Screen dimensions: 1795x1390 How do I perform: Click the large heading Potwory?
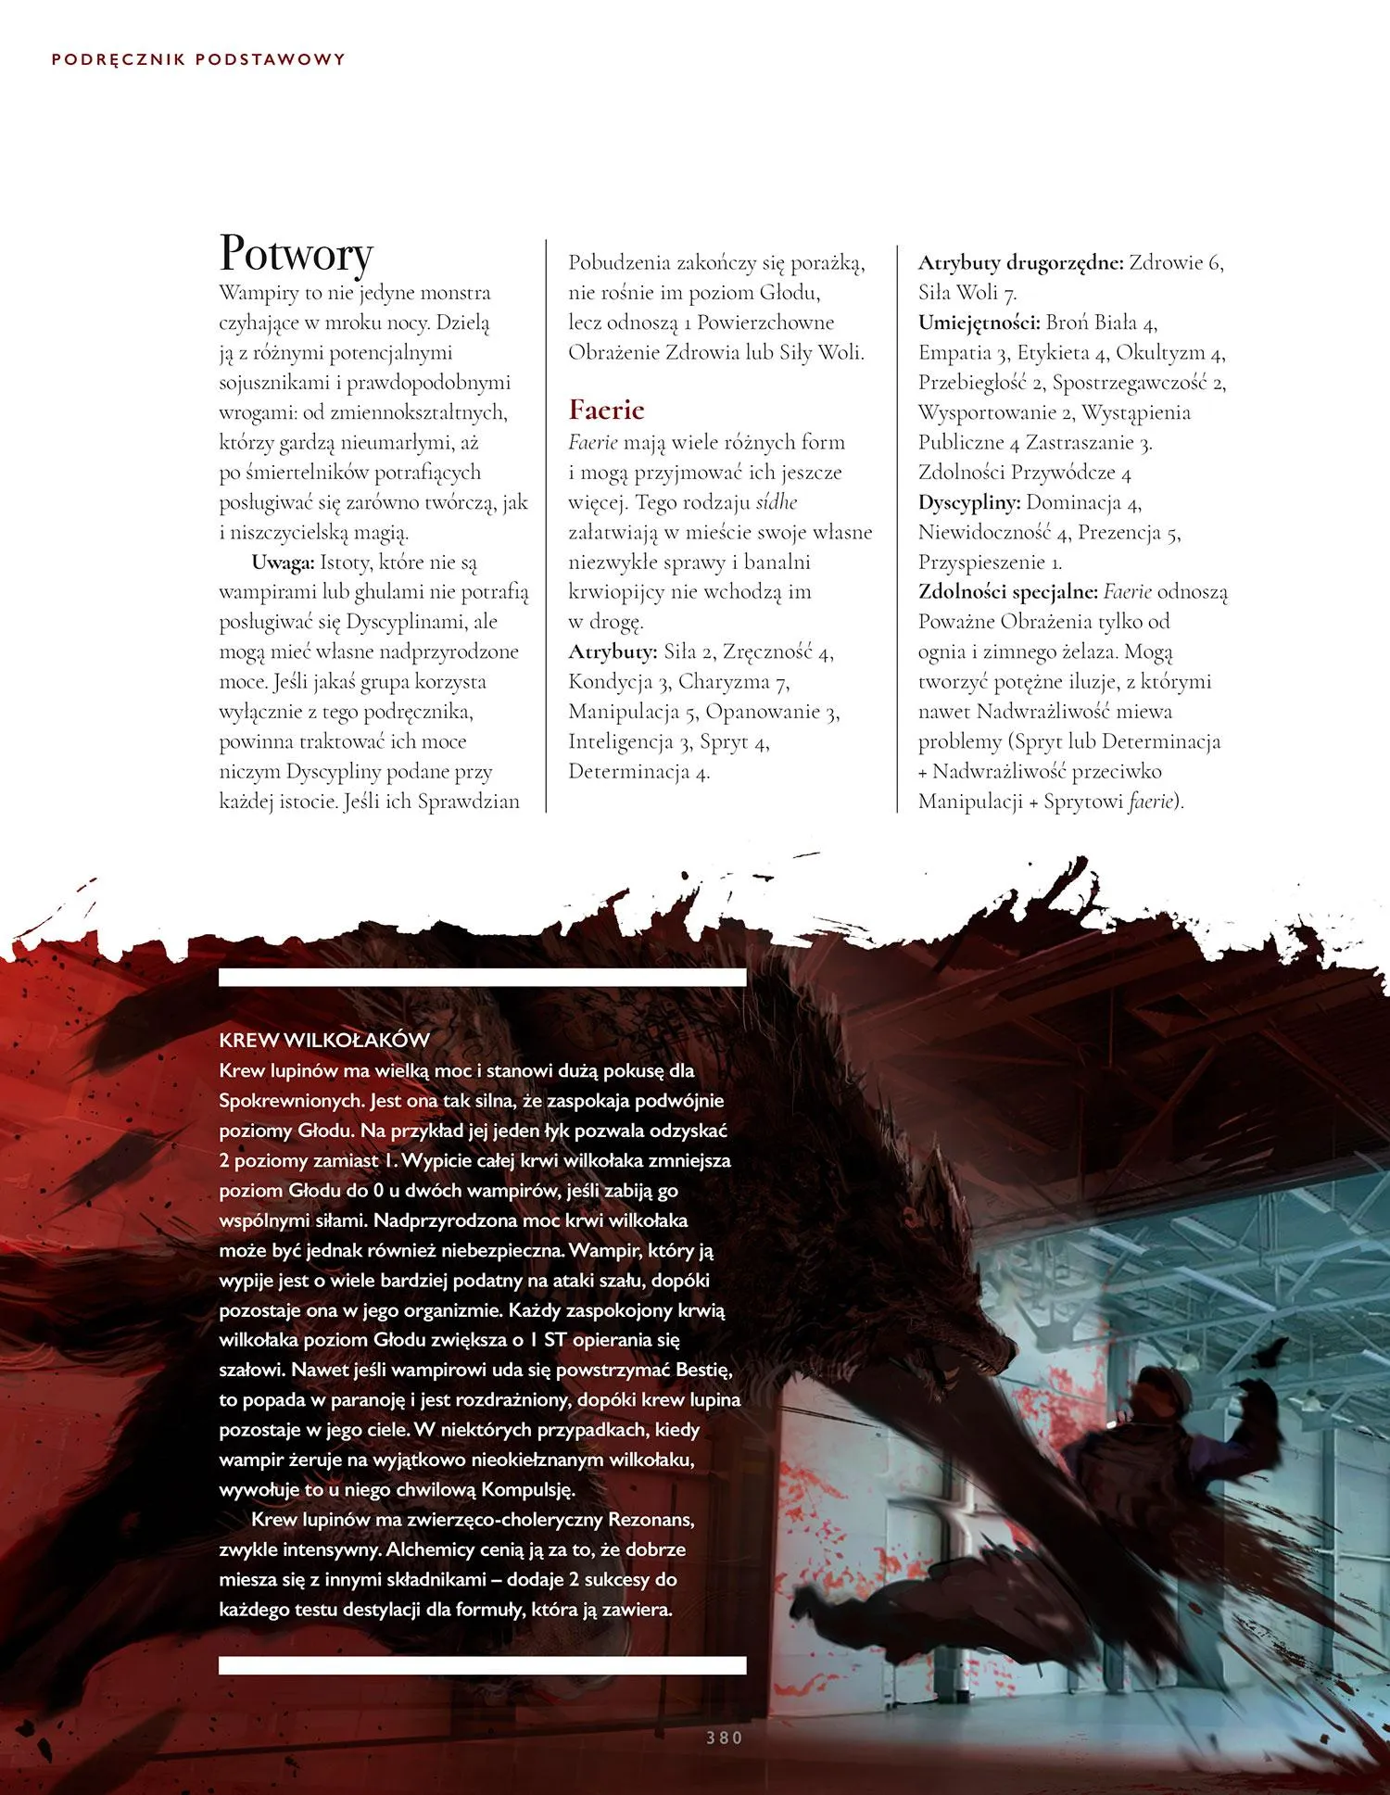coord(297,252)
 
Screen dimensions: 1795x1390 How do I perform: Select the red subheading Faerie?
coord(606,410)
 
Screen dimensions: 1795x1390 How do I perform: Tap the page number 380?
coord(724,1738)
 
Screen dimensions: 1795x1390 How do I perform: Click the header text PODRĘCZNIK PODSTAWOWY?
coord(198,59)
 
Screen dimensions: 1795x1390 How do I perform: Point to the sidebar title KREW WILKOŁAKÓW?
coord(324,1040)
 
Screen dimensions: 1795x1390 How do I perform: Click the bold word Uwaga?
coord(283,563)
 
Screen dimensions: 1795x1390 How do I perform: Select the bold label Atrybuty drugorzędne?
coord(1020,262)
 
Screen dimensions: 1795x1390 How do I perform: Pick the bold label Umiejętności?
coord(979,322)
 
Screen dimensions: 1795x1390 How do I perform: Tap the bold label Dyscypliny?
coord(969,502)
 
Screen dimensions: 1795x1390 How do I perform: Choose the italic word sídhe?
coord(777,502)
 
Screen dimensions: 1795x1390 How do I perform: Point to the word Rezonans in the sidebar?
coord(651,1520)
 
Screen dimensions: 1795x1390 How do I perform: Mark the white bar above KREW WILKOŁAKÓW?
coord(482,977)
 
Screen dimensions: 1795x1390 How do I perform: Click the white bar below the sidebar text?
coord(482,1665)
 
